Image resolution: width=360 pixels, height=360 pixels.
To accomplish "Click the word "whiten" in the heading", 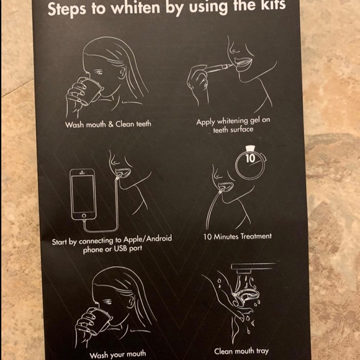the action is point(135,7).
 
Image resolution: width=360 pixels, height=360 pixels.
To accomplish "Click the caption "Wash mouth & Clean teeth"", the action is point(108,124).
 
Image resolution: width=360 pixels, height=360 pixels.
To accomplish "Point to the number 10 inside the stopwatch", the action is point(250,158).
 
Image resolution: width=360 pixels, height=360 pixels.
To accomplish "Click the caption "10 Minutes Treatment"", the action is point(237,236).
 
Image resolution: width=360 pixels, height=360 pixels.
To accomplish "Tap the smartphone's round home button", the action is point(84,216).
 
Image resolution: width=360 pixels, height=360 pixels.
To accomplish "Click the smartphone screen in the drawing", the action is point(83,194).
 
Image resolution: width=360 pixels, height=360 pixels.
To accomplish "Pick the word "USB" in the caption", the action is point(120,248).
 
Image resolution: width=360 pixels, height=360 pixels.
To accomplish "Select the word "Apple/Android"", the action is point(147,239).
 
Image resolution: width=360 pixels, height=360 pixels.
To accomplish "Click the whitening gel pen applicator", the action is point(218,68).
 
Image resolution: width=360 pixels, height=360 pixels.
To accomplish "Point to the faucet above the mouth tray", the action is point(253,268).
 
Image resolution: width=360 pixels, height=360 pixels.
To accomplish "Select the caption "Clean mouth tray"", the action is point(241,351).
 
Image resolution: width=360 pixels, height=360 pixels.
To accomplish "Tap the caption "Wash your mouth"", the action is point(118,354).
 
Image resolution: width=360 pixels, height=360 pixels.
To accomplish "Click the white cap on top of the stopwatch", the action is point(250,148).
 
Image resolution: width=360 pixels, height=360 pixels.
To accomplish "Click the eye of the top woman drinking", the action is point(99,73).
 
